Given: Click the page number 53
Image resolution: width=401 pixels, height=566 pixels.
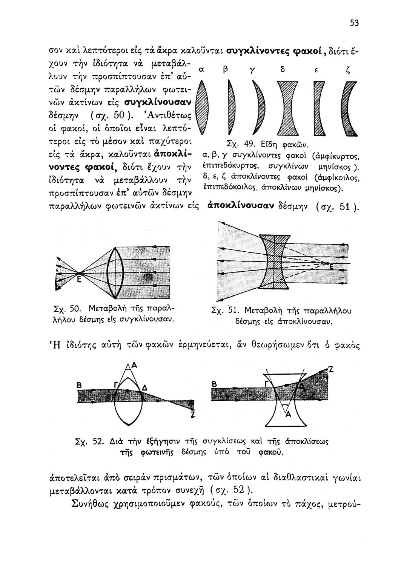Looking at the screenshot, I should click(x=353, y=24).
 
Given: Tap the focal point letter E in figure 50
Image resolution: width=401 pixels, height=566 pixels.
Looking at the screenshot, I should click(x=80, y=280).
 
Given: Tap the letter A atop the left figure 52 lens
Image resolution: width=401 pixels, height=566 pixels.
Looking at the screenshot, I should click(x=134, y=365).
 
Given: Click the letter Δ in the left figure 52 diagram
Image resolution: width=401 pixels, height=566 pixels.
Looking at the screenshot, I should click(x=144, y=388).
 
